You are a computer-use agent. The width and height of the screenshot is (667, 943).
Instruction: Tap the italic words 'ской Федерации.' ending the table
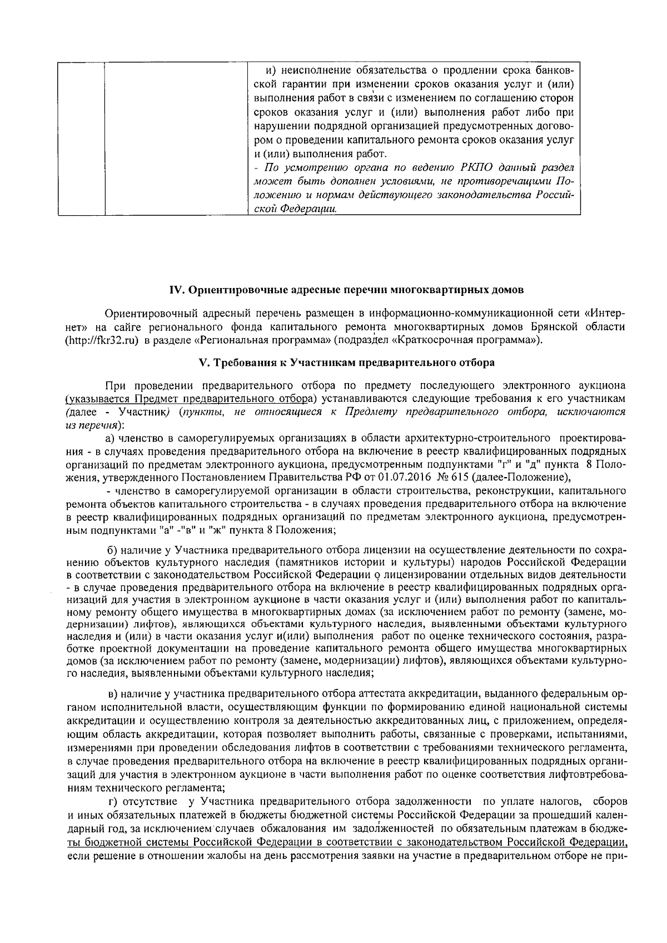coord(295,209)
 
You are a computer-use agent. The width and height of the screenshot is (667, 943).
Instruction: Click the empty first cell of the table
coord(81,138)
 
